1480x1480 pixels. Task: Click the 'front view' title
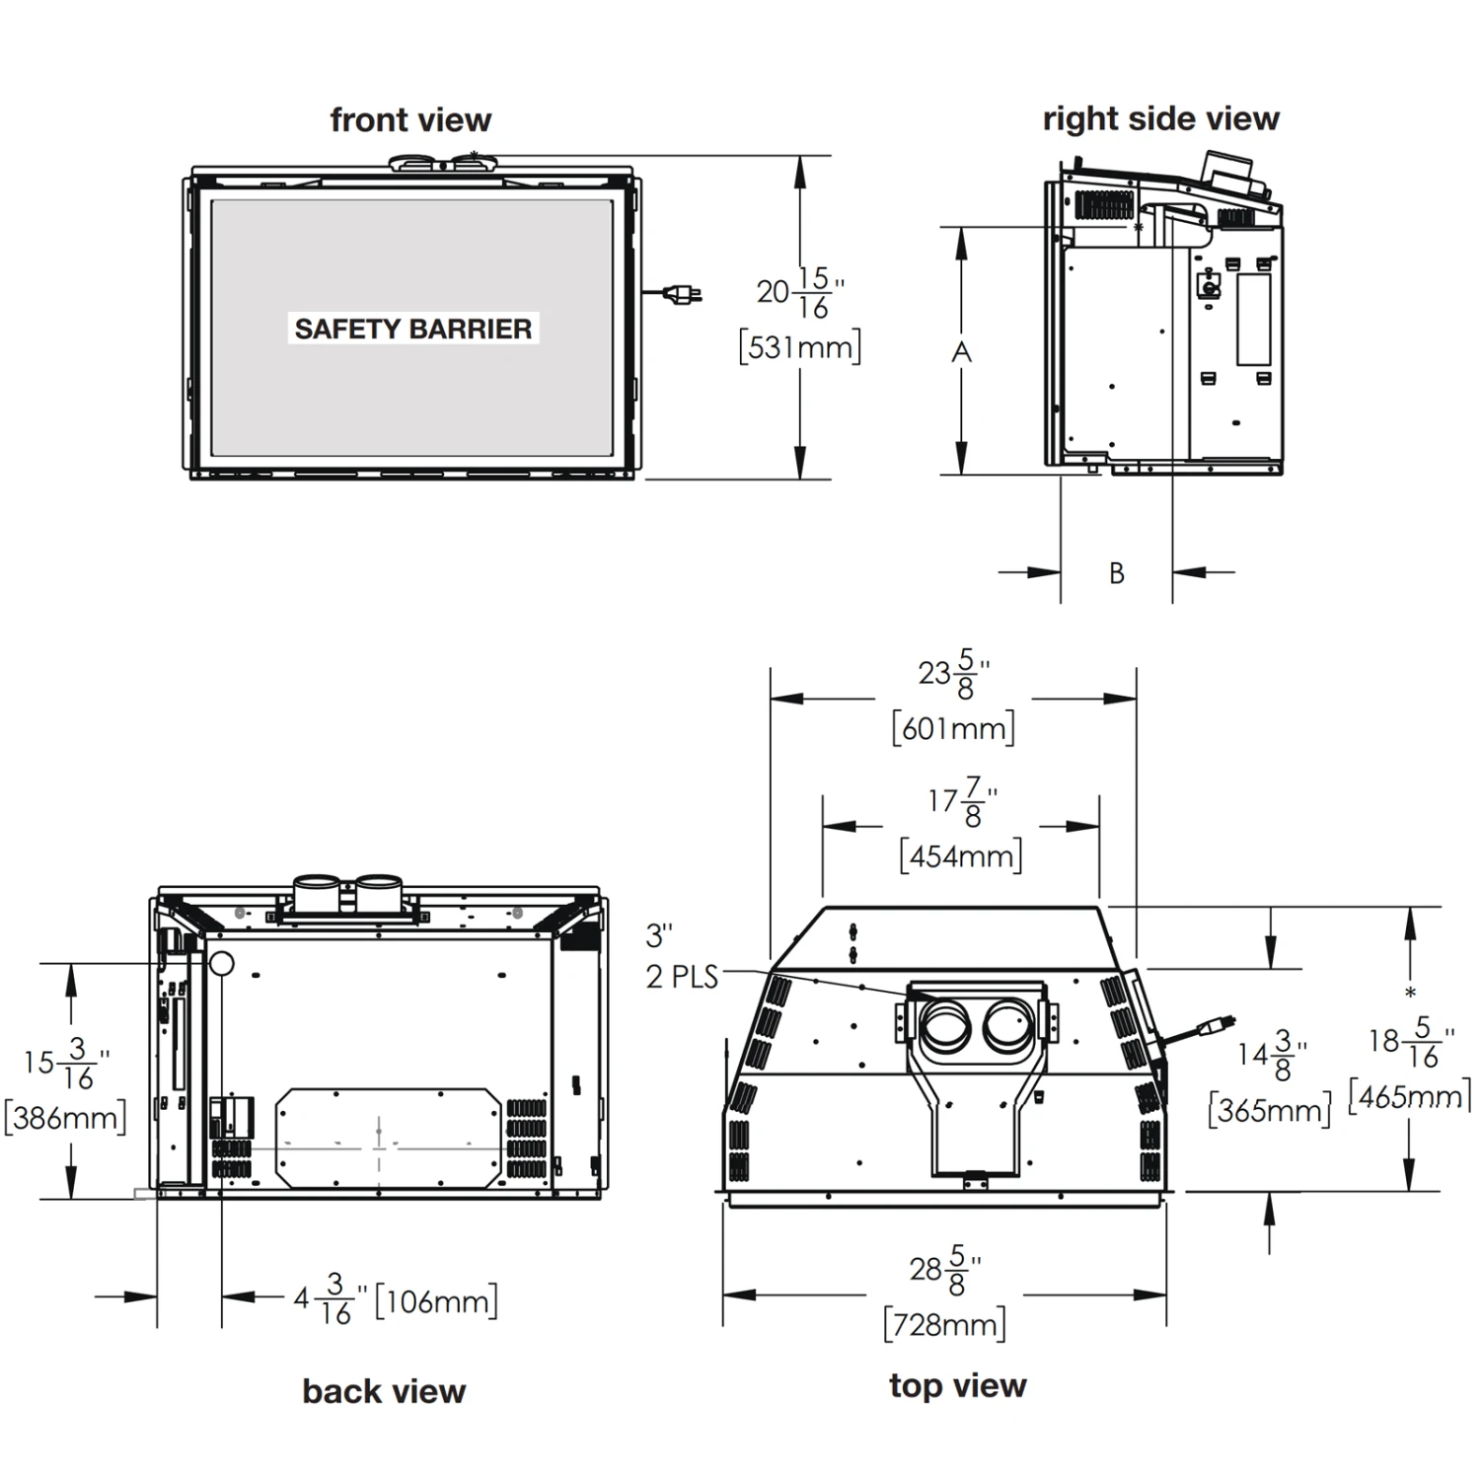pos(410,120)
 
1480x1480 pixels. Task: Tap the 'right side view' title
pos(1160,119)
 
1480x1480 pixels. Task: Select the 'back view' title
pos(384,1391)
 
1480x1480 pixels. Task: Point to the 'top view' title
pos(957,1385)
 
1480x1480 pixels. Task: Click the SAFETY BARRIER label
pos(412,329)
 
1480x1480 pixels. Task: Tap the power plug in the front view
pos(683,293)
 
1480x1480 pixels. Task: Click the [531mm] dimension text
pos(799,347)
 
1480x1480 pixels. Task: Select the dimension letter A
pos(961,352)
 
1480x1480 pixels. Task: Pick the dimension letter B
pos(1116,573)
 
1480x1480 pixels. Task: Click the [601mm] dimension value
pos(953,729)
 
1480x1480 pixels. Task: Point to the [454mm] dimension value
pos(960,855)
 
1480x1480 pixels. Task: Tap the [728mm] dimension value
pos(944,1324)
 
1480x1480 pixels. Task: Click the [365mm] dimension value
pos(1269,1111)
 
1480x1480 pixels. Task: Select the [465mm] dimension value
pos(1409,1097)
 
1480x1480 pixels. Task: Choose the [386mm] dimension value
pos(65,1118)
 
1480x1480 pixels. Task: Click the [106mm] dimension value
pos(436,1301)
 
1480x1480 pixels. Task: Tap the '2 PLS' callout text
pos(682,977)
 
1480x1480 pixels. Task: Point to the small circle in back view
pos(221,964)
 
